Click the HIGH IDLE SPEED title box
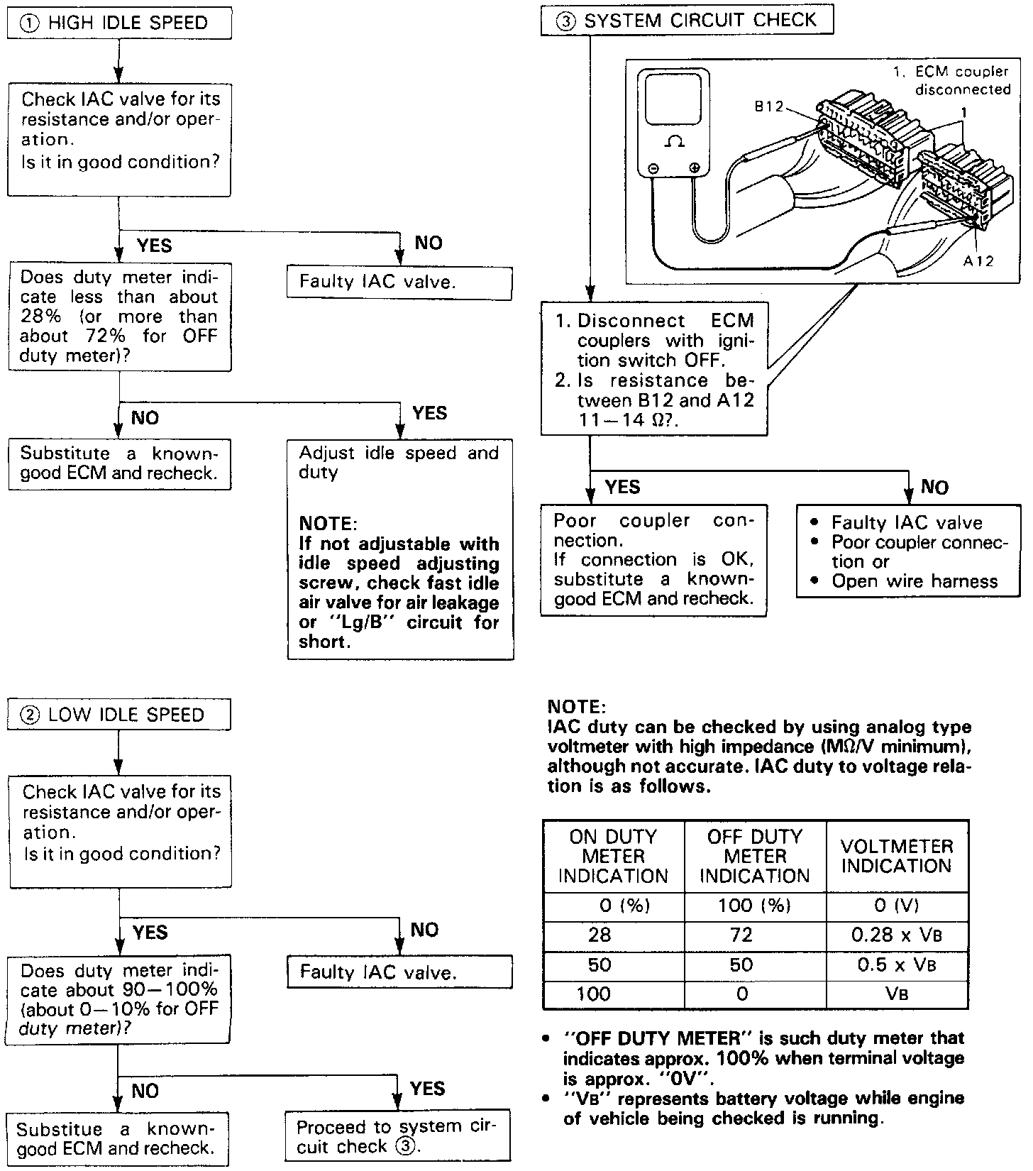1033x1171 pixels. [x=119, y=23]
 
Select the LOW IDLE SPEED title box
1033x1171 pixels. [x=119, y=715]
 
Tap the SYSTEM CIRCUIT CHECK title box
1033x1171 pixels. [x=687, y=21]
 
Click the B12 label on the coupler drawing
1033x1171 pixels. [x=768, y=106]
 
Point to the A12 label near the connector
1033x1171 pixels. [x=978, y=261]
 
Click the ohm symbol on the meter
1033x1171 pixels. [x=673, y=143]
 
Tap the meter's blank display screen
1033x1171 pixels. [x=673, y=99]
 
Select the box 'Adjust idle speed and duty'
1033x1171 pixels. [x=400, y=550]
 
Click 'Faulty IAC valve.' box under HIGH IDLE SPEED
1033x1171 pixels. [x=399, y=282]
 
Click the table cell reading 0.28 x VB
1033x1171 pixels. [x=897, y=935]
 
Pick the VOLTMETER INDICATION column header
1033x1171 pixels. [x=897, y=856]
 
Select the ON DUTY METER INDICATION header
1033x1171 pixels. [x=614, y=856]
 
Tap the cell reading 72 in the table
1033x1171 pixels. [x=741, y=935]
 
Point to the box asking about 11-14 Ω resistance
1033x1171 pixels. [x=654, y=369]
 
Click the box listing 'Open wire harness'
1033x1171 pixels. [x=908, y=551]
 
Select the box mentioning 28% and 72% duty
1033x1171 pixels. [x=119, y=317]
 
